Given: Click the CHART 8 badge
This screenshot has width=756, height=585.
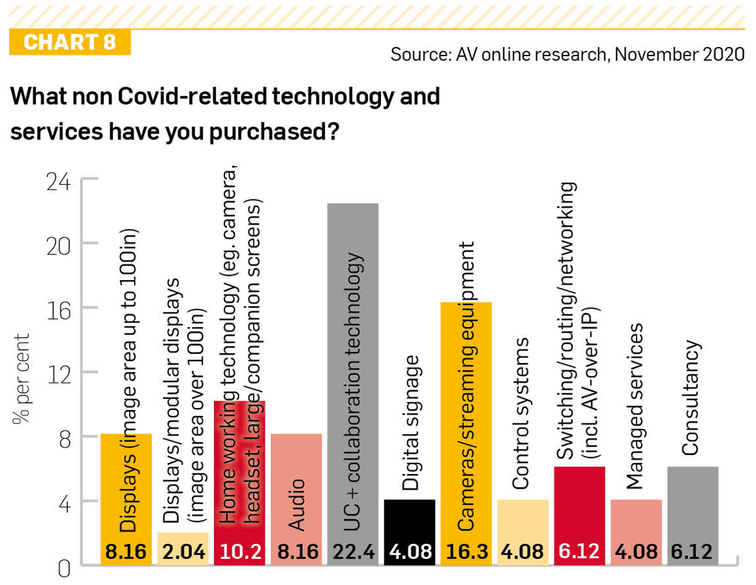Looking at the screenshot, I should coord(70,42).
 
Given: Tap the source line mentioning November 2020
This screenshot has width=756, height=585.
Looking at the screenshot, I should coord(567,54).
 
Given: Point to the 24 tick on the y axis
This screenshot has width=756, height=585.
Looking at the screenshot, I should coord(59,181).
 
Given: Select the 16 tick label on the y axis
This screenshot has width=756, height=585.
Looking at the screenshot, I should coord(59,310).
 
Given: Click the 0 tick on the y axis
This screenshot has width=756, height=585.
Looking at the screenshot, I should coord(64,569).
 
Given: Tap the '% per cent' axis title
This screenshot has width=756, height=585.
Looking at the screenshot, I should coord(21,378).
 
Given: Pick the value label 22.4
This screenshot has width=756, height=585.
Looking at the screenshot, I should coord(354,551).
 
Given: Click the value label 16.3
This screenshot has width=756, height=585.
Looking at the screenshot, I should coord(466,551).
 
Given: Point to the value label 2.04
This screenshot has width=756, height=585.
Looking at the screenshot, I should coord(184,551).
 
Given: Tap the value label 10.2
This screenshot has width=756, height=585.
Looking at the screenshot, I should coord(240,551).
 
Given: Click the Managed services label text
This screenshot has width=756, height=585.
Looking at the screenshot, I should coord(635,406).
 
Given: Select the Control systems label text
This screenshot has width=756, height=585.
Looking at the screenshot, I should coord(521,413).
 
